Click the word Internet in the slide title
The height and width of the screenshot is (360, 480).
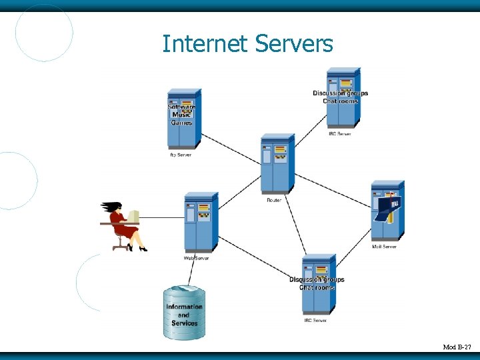(204, 44)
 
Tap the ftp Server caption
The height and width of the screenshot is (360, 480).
(180, 155)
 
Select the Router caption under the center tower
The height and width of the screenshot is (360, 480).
(274, 199)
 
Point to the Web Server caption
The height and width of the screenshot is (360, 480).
(197, 258)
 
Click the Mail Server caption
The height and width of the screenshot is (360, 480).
(385, 247)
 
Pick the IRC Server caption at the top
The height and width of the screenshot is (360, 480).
(340, 134)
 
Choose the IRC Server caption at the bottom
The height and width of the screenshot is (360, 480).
(315, 321)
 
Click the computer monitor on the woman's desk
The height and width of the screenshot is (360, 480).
(134, 217)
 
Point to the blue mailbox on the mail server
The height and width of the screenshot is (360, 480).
(387, 207)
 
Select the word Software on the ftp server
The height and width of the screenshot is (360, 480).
(181, 107)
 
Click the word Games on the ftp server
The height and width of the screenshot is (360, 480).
(181, 123)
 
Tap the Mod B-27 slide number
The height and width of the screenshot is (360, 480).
(457, 347)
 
